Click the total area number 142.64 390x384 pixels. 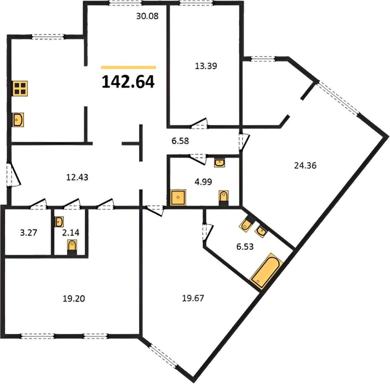click(128, 82)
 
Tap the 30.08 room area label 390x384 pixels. click(147, 16)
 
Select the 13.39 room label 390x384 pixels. click(206, 66)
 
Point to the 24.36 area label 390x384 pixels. click(305, 165)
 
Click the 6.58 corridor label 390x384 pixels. click(180, 141)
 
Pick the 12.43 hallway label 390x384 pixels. click(77, 177)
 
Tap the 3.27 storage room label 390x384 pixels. click(28, 232)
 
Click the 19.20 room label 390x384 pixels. click(74, 298)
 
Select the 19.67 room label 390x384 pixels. click(193, 298)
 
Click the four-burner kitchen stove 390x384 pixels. click(20, 88)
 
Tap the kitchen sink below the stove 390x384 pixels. click(18, 120)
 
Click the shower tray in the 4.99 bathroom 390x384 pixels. click(178, 198)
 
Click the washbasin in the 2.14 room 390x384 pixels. click(59, 222)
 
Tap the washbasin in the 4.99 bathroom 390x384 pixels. click(220, 163)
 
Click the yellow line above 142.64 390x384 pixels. click(128, 67)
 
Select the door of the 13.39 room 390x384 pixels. click(199, 123)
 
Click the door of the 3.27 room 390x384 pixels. click(38, 204)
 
